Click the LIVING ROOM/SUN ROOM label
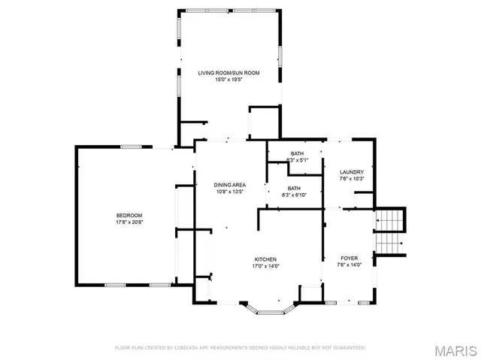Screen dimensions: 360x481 tap(229, 73)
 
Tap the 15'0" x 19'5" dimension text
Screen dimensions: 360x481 tap(229, 80)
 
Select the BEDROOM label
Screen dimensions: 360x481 tap(129, 216)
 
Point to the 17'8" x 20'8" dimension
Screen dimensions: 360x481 tap(129, 222)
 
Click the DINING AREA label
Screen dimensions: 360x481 tap(230, 184)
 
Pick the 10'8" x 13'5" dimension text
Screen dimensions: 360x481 tap(230, 191)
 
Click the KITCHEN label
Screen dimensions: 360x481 tap(265, 259)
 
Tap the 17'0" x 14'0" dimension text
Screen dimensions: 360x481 tap(265, 265)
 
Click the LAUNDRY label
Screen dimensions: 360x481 tap(352, 171)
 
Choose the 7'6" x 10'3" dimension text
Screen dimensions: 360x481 tap(352, 178)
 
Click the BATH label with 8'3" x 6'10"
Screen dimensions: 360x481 tap(293, 188)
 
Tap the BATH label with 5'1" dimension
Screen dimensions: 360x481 tap(296, 153)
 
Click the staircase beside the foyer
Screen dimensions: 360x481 tap(389, 233)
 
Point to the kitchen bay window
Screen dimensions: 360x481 tap(271, 309)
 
